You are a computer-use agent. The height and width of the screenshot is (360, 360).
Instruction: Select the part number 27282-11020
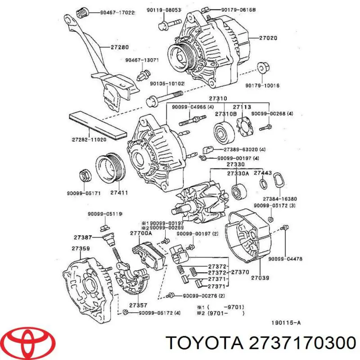[x=90, y=139]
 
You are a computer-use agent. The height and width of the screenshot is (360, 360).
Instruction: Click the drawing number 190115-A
[x=287, y=322]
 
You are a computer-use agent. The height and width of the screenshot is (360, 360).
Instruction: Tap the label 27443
[x=263, y=173]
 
